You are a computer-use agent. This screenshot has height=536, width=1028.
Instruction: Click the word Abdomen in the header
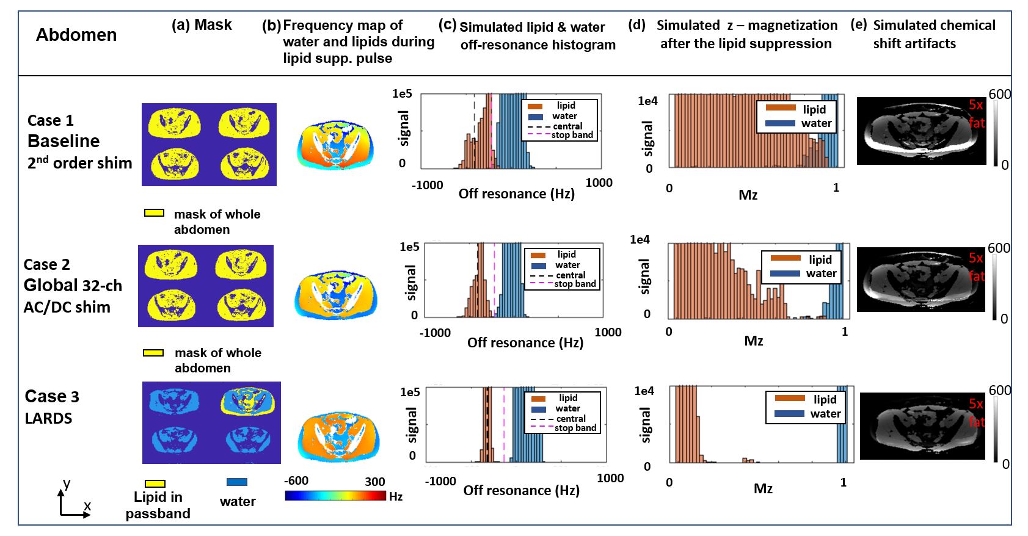76,35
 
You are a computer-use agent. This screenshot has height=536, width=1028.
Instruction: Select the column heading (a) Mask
202,25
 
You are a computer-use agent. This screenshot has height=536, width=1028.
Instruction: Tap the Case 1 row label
51,120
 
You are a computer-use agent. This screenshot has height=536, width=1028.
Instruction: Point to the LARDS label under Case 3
49,418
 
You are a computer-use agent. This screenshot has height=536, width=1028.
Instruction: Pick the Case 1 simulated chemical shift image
921,131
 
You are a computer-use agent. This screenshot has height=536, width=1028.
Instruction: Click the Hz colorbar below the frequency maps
335,496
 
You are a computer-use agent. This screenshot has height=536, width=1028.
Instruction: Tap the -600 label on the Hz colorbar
296,481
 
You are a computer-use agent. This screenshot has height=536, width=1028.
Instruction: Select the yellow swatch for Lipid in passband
155,483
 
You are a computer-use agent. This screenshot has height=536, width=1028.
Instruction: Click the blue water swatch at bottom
237,482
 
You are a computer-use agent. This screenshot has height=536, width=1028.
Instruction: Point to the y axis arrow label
67,484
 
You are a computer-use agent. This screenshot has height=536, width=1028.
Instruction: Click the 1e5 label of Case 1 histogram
402,93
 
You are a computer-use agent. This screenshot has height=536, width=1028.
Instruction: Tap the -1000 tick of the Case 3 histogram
440,481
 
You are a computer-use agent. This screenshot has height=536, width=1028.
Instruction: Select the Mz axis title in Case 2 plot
754,341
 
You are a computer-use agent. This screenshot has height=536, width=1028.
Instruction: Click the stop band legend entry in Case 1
572,135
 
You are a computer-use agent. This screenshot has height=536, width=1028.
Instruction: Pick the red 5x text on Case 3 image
976,404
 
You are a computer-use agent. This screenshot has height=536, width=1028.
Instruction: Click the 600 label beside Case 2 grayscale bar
999,248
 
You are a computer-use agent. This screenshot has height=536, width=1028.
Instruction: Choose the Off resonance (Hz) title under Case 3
521,490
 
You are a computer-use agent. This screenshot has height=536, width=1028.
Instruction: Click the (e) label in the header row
858,24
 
